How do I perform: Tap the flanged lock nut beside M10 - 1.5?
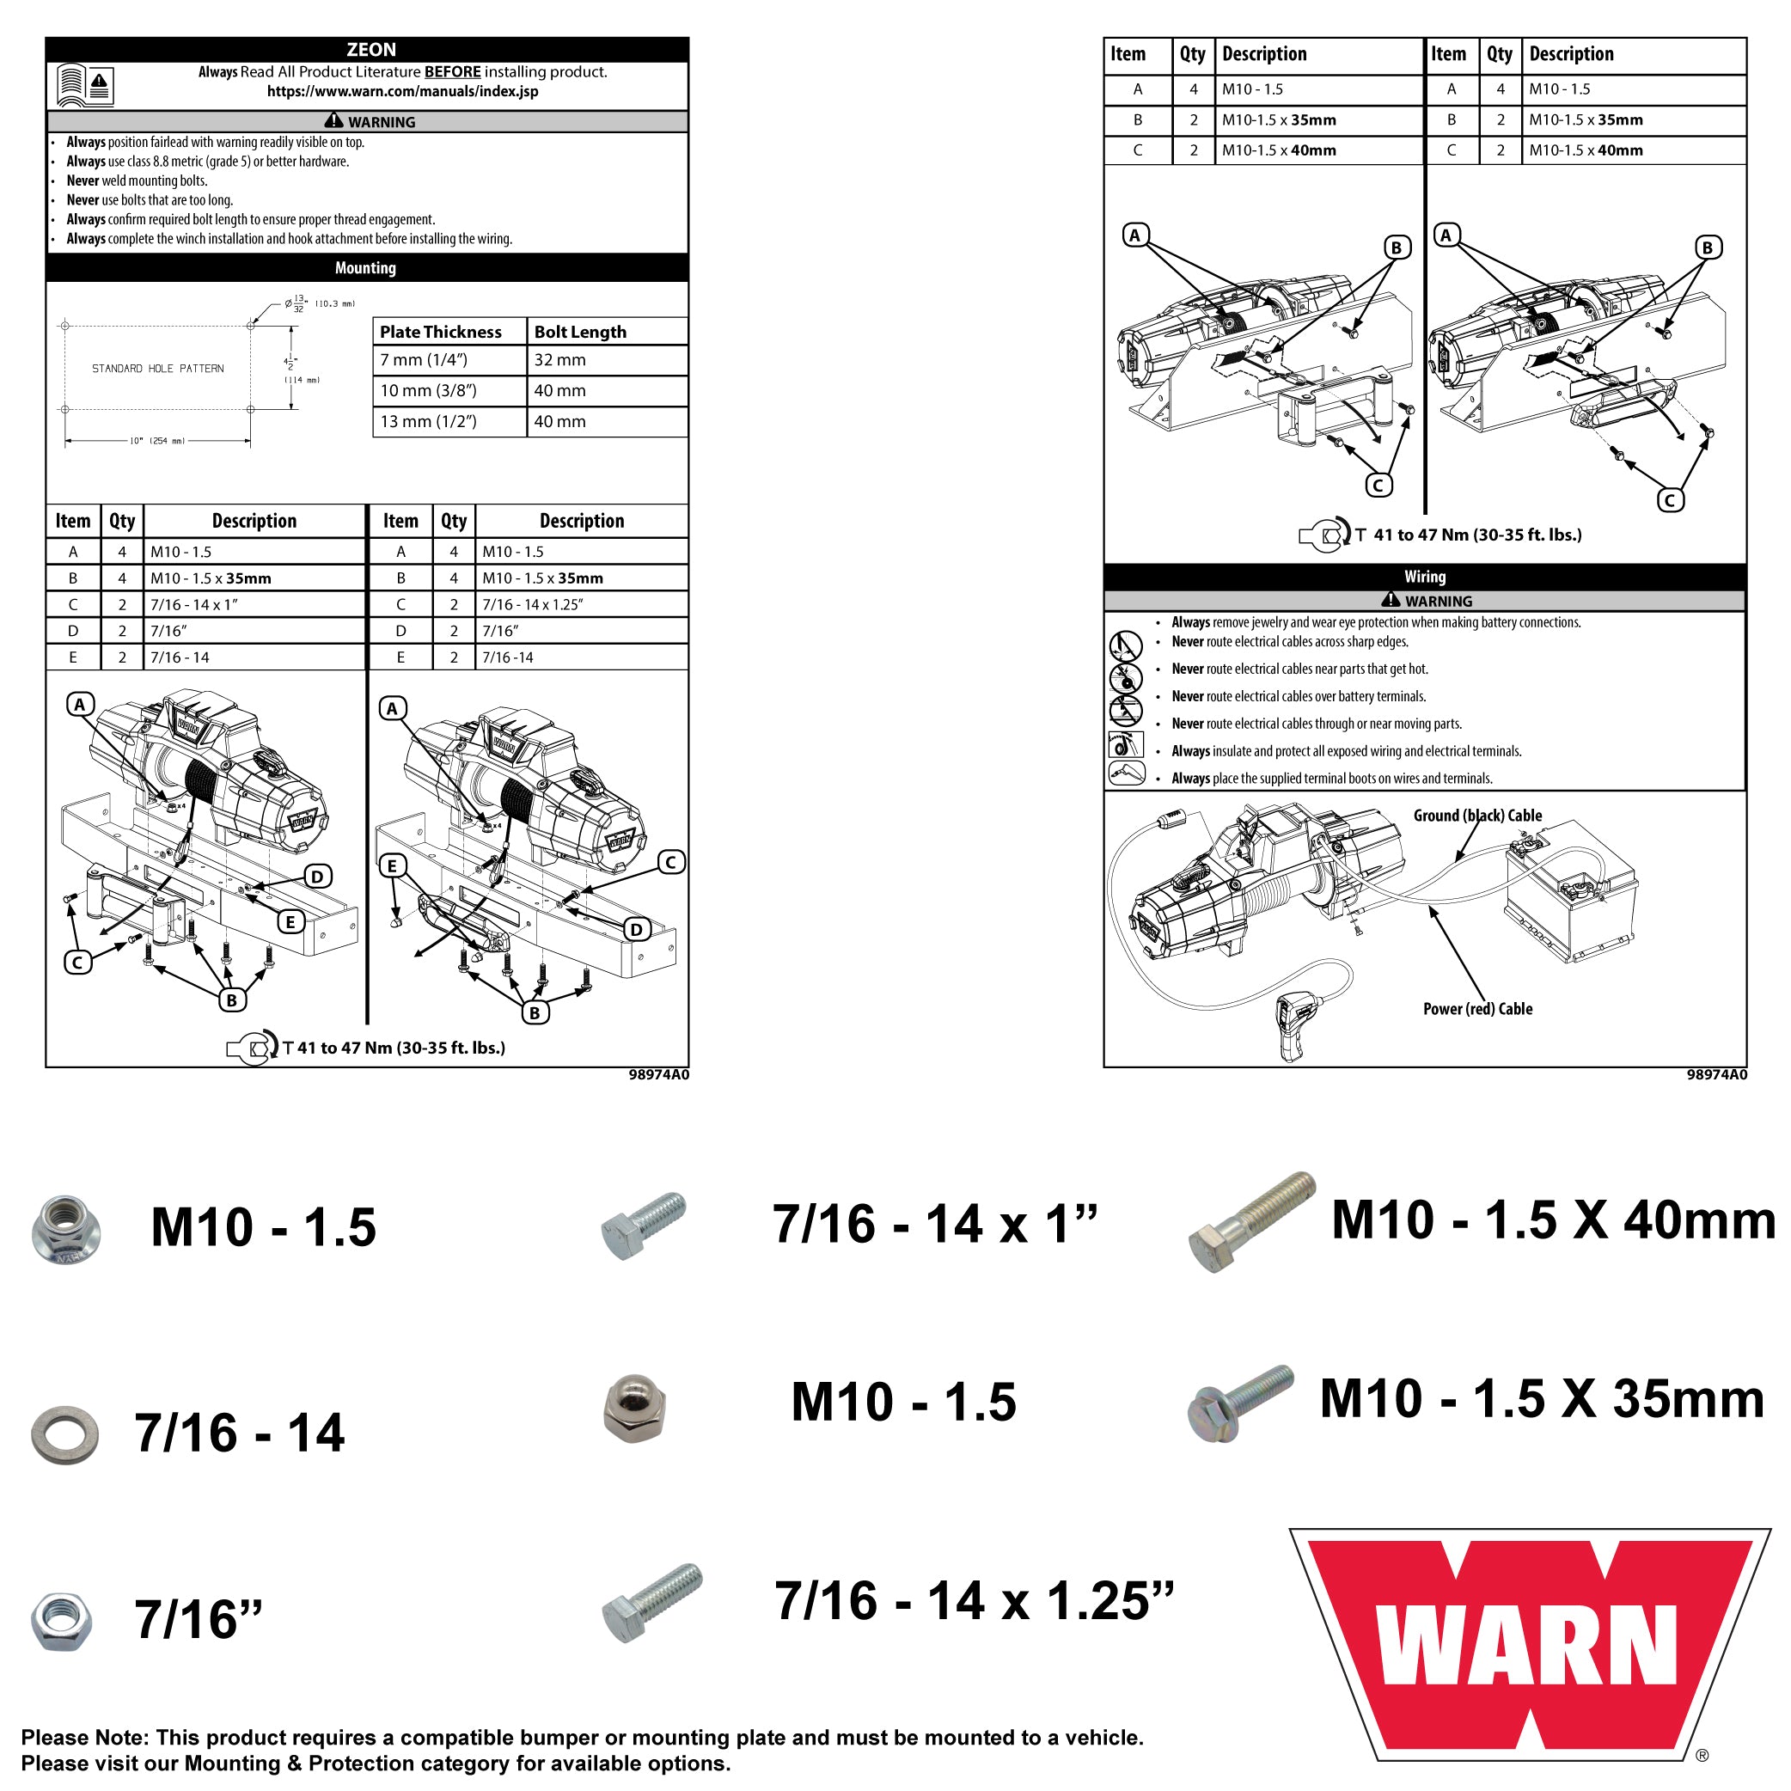click(65, 1229)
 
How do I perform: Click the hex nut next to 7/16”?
click(61, 1622)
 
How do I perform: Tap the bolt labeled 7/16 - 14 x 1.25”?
click(651, 1604)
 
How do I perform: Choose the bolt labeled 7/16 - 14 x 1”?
click(644, 1226)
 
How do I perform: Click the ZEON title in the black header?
click(370, 50)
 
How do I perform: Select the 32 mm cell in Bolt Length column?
click(560, 360)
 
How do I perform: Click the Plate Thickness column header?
click(440, 332)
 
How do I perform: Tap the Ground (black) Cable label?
click(1477, 816)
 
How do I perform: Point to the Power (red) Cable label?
click(1477, 1010)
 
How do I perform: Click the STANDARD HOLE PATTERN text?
click(157, 368)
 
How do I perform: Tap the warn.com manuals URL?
click(402, 91)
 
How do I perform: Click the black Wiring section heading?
click(1424, 577)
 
